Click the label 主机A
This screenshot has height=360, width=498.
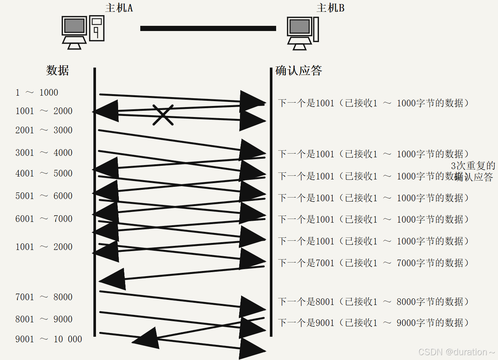tap(119, 8)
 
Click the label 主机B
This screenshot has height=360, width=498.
tap(330, 8)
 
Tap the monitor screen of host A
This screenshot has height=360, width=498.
tap(74, 26)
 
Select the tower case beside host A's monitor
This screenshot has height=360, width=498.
tap(97, 28)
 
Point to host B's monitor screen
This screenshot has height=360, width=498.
tap(299, 27)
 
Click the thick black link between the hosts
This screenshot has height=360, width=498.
tap(208, 28)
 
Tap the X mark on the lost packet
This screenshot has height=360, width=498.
tap(163, 115)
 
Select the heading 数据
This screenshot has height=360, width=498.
tap(58, 70)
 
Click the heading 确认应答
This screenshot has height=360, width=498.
tap(299, 70)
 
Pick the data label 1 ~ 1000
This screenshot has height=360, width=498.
tap(37, 92)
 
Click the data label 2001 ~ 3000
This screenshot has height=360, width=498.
tap(44, 130)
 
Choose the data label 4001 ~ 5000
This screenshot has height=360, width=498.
tap(44, 173)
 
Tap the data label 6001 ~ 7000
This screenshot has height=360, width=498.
tap(44, 219)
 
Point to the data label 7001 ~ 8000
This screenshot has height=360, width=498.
tap(44, 297)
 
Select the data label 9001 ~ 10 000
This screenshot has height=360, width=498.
tap(48, 339)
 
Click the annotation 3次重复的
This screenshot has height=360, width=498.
tap(473, 165)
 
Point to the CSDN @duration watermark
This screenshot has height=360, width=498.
tap(456, 352)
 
